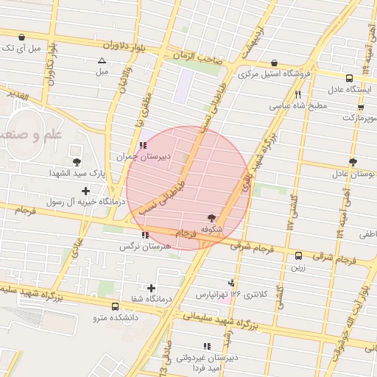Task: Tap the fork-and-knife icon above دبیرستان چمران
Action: click(x=143, y=145)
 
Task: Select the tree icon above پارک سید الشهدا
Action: click(x=77, y=161)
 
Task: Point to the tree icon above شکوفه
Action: click(x=212, y=217)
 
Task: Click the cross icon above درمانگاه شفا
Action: click(x=152, y=288)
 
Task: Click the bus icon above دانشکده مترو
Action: click(x=115, y=306)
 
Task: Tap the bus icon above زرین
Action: click(x=298, y=256)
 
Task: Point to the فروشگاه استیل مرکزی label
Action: click(x=274, y=74)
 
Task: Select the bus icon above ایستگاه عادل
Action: click(x=350, y=77)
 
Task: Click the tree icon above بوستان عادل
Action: click(x=353, y=162)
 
